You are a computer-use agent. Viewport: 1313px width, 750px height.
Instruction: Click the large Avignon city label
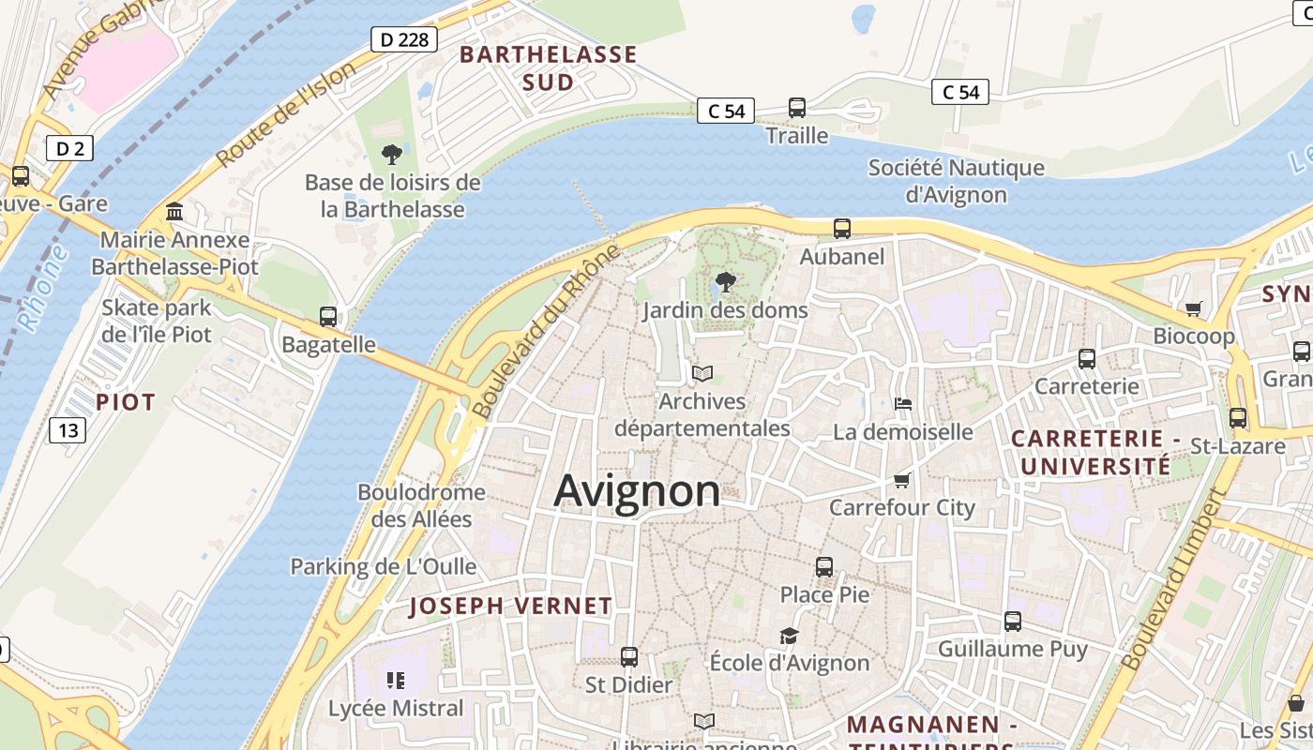[x=637, y=491]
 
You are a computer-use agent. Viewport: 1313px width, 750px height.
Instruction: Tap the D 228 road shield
[x=404, y=39]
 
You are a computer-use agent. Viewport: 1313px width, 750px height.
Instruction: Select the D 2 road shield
[x=69, y=148]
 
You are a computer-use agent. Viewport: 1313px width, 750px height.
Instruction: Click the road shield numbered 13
[x=68, y=430]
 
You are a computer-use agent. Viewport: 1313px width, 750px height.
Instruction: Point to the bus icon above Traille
[x=797, y=108]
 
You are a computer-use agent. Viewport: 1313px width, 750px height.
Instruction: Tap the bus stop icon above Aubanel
[x=842, y=228]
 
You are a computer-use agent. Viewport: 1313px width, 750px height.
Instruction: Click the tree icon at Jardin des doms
[x=725, y=281]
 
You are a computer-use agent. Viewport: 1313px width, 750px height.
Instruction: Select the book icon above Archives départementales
[x=702, y=373]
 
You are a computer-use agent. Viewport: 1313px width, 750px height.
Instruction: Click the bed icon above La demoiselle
[x=903, y=404]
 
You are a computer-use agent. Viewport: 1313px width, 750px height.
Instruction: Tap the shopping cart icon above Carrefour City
[x=902, y=480]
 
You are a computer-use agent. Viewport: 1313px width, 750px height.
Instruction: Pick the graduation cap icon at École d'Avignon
[x=790, y=636]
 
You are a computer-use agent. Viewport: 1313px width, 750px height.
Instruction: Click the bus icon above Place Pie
[x=824, y=567]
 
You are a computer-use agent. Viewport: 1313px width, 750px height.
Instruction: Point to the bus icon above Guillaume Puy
[x=1013, y=621]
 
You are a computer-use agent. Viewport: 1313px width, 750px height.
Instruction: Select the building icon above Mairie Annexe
[x=174, y=212]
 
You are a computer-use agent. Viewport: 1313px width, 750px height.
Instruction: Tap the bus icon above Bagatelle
[x=328, y=317]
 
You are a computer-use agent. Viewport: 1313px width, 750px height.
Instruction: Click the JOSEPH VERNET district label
[x=510, y=607]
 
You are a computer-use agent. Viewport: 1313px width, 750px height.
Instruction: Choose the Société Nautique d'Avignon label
[x=956, y=181]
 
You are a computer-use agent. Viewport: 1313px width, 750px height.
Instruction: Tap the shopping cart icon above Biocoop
[x=1194, y=307]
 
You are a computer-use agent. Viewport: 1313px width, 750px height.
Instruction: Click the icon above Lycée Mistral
[x=395, y=680]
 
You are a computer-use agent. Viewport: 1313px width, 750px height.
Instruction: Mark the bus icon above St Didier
[x=629, y=657]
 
